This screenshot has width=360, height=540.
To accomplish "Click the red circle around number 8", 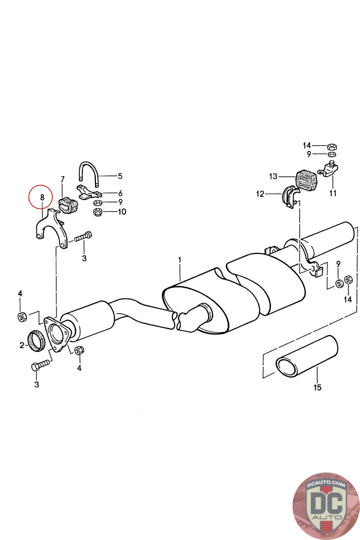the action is (40, 198).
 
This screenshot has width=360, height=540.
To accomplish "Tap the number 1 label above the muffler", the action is (180, 260).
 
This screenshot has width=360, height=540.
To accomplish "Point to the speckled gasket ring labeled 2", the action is (36, 341).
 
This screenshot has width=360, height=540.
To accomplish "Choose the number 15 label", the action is (317, 387).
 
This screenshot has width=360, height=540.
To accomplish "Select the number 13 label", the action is (273, 176).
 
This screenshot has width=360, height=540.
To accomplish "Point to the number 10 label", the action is (121, 212).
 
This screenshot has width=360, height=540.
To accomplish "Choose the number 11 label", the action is (333, 193).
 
